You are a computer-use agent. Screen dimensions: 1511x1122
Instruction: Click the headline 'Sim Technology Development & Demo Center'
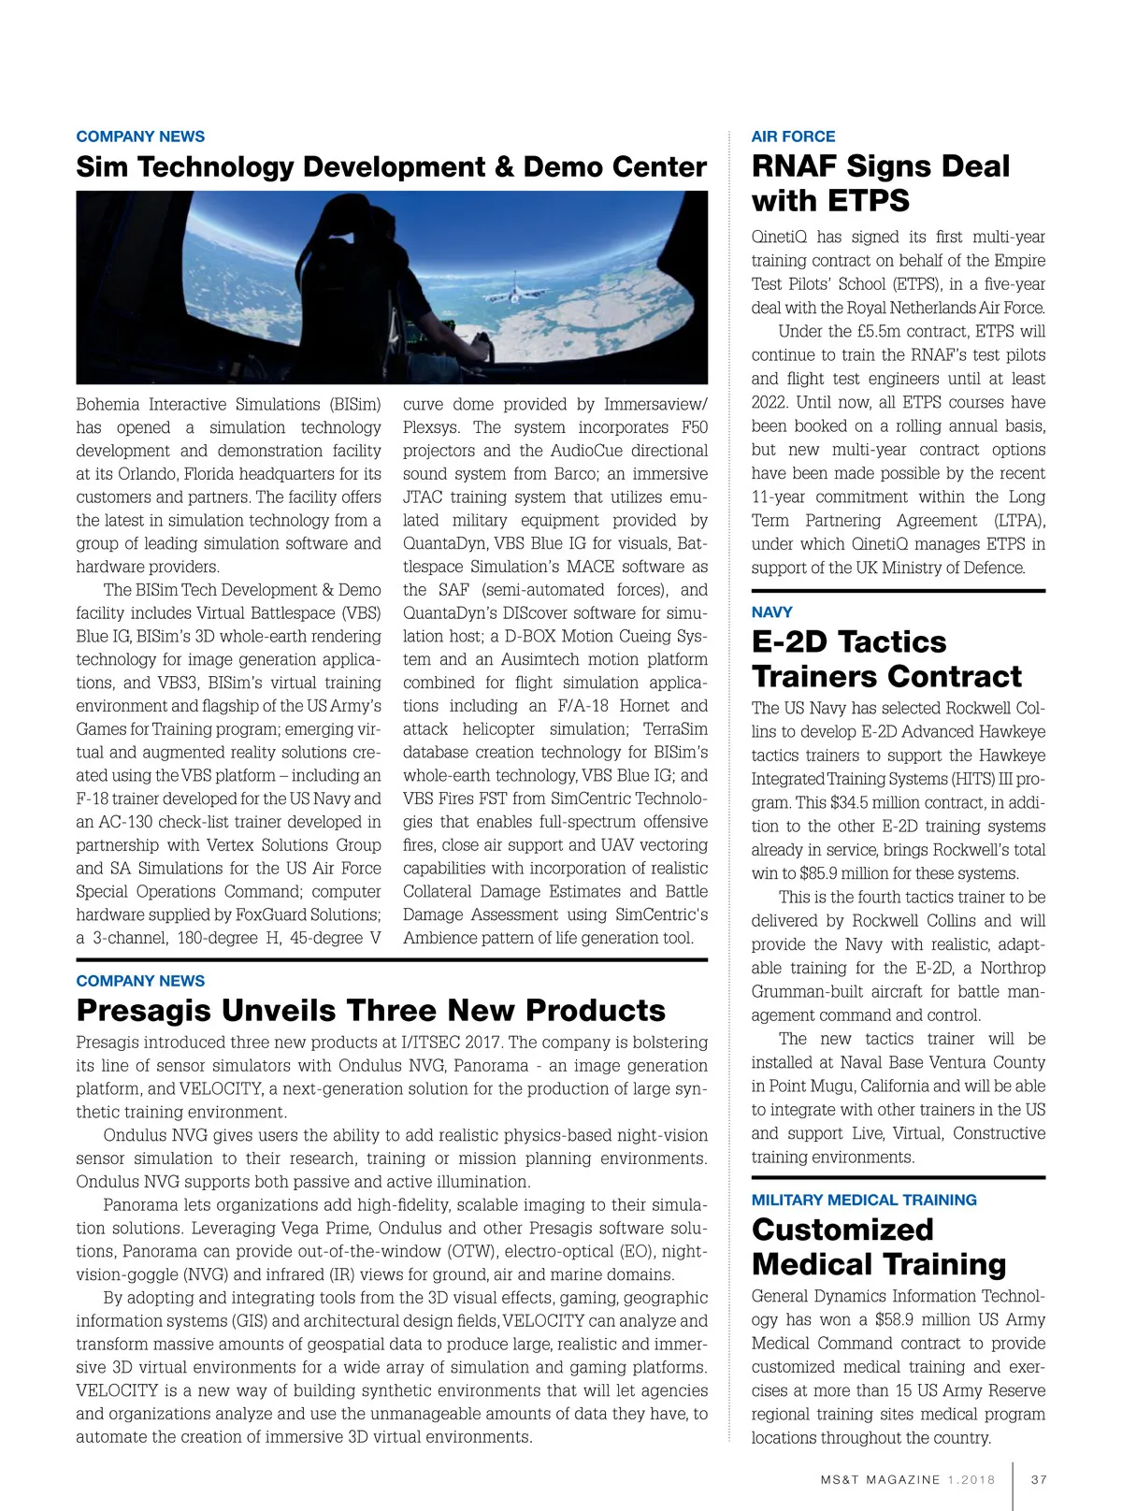[391, 167]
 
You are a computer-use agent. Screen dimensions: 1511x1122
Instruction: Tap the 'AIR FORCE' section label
[793, 137]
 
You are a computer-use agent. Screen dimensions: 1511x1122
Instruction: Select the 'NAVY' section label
[771, 612]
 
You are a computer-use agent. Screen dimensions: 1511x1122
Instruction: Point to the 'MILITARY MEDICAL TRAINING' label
[864, 1200]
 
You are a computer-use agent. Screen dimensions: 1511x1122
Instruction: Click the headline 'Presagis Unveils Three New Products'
[370, 1011]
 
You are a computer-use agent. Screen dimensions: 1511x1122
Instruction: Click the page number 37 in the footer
[1039, 1480]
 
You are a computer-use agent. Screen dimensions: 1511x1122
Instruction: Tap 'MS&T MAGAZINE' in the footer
[881, 1480]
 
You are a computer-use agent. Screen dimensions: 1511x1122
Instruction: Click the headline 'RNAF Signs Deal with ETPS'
[880, 183]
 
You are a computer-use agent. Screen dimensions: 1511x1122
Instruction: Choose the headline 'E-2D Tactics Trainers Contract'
[886, 659]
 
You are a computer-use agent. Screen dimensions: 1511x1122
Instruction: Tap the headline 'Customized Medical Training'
[879, 1247]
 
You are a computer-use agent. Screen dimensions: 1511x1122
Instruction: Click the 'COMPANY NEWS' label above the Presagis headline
[140, 981]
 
